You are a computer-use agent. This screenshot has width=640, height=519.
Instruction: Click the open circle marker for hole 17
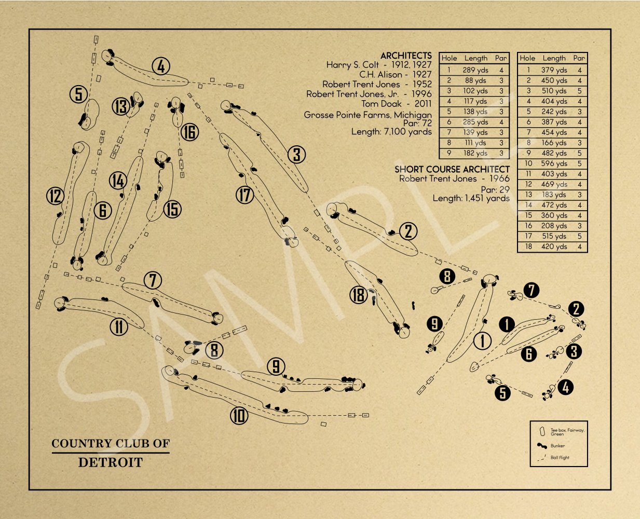click(x=245, y=195)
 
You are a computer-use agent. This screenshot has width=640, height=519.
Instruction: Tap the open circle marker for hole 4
click(x=161, y=66)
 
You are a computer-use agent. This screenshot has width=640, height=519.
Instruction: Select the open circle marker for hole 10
click(x=239, y=416)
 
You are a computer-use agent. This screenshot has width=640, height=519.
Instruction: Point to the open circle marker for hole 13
click(x=121, y=106)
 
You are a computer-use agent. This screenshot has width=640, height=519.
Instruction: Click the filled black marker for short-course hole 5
click(x=502, y=393)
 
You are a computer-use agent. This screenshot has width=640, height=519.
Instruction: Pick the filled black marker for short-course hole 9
click(x=434, y=324)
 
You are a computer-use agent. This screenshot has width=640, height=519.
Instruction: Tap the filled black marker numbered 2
click(x=576, y=309)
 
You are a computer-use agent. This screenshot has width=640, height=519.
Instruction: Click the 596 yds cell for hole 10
click(x=554, y=163)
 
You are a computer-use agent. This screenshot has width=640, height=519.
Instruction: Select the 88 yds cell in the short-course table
click(x=475, y=80)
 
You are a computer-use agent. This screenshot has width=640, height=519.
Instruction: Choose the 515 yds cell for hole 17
click(x=554, y=236)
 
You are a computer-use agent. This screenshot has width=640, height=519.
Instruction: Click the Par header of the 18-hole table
click(x=579, y=58)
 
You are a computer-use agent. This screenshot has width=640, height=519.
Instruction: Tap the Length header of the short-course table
click(x=475, y=58)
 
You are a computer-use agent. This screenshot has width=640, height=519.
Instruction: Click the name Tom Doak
click(x=382, y=104)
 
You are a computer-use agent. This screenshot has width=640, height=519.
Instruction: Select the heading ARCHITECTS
click(x=406, y=56)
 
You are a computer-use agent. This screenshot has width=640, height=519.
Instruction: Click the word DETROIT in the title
click(x=111, y=462)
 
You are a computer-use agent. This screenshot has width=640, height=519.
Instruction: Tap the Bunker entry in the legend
click(x=557, y=446)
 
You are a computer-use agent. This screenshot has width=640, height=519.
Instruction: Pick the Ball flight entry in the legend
click(x=560, y=457)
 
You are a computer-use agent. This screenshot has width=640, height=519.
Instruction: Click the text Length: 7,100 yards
click(x=391, y=132)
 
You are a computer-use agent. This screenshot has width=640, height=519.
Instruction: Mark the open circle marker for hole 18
click(x=359, y=295)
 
